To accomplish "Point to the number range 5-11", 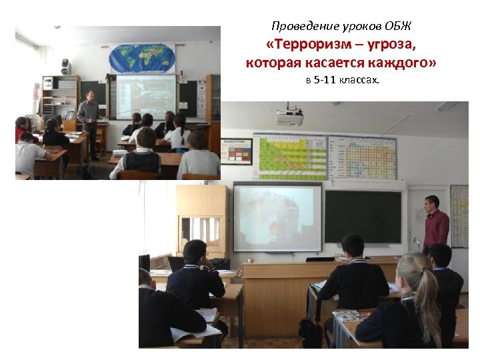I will click(328, 81).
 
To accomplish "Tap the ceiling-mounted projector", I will click(289, 117).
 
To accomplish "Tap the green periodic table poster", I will click(292, 157).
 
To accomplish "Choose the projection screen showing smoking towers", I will click(277, 217).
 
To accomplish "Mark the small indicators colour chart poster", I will click(237, 151).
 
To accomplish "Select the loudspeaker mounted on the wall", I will click(66, 67).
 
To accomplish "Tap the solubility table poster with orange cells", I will click(363, 157).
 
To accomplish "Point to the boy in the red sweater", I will click(23, 129).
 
